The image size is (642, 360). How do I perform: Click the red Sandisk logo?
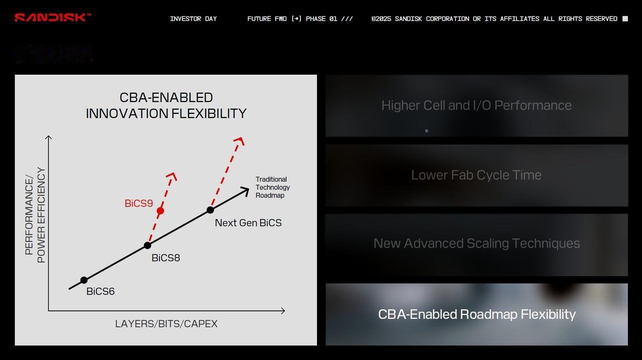pyautogui.click(x=53, y=18)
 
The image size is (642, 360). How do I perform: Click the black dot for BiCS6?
pyautogui.click(x=84, y=280)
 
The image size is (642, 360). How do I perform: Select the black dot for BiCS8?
pyautogui.click(x=147, y=245)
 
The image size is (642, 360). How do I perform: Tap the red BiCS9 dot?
pyautogui.click(x=160, y=211)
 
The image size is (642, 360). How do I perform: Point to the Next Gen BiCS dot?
pyautogui.click(x=210, y=210)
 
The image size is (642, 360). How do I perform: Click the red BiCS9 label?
pyautogui.click(x=139, y=203)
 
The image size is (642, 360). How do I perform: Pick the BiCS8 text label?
pyautogui.click(x=166, y=258)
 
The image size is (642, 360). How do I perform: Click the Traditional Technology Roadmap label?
pyautogui.click(x=272, y=187)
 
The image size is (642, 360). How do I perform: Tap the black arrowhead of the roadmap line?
pyautogui.click(x=245, y=191)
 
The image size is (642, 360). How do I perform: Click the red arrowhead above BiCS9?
pyautogui.click(x=172, y=176)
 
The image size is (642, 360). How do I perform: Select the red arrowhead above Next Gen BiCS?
pyautogui.click(x=239, y=141)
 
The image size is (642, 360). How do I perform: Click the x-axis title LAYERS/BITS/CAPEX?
pyautogui.click(x=166, y=323)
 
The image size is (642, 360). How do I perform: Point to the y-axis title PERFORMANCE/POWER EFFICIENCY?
pyautogui.click(x=35, y=215)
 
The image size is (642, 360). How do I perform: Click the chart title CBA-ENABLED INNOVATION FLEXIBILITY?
pyautogui.click(x=166, y=105)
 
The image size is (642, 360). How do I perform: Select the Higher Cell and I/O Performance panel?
pyautogui.click(x=476, y=106)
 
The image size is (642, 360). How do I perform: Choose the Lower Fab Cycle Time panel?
pyautogui.click(x=476, y=175)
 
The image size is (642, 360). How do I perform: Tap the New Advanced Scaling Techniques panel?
pyautogui.click(x=476, y=245)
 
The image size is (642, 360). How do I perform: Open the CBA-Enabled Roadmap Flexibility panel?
pyautogui.click(x=476, y=314)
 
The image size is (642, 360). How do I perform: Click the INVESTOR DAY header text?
pyautogui.click(x=194, y=19)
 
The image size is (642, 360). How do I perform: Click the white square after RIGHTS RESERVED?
pyautogui.click(x=625, y=19)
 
